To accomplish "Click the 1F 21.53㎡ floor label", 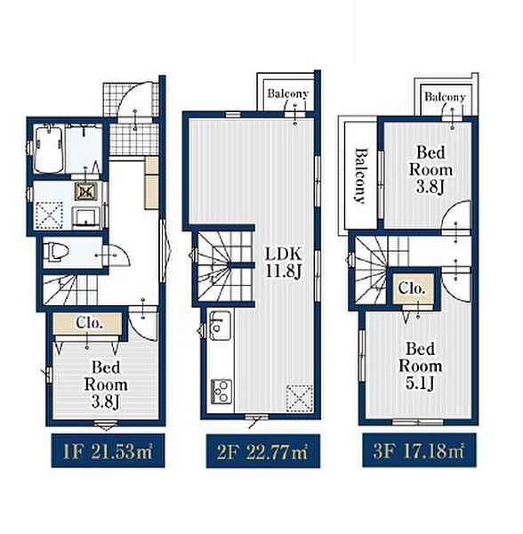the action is click(x=109, y=450).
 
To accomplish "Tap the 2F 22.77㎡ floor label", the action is click(x=262, y=451).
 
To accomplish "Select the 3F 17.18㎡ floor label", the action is click(x=419, y=450).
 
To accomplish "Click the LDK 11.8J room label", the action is click(x=284, y=263).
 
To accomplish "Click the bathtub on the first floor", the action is click(x=49, y=149).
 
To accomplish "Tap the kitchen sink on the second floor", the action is click(x=221, y=325).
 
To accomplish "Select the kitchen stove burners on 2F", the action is click(x=221, y=392).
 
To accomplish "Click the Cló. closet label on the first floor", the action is click(x=89, y=322).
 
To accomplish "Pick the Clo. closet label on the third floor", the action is click(x=412, y=288).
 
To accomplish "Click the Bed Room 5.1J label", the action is click(x=420, y=367).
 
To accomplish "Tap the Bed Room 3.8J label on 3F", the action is click(x=430, y=170).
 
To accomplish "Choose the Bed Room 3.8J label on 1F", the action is click(x=106, y=384).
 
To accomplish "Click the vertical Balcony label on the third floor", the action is click(x=361, y=175).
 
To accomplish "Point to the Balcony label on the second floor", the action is click(x=288, y=93).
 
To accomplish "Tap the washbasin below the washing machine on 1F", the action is click(x=85, y=217).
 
